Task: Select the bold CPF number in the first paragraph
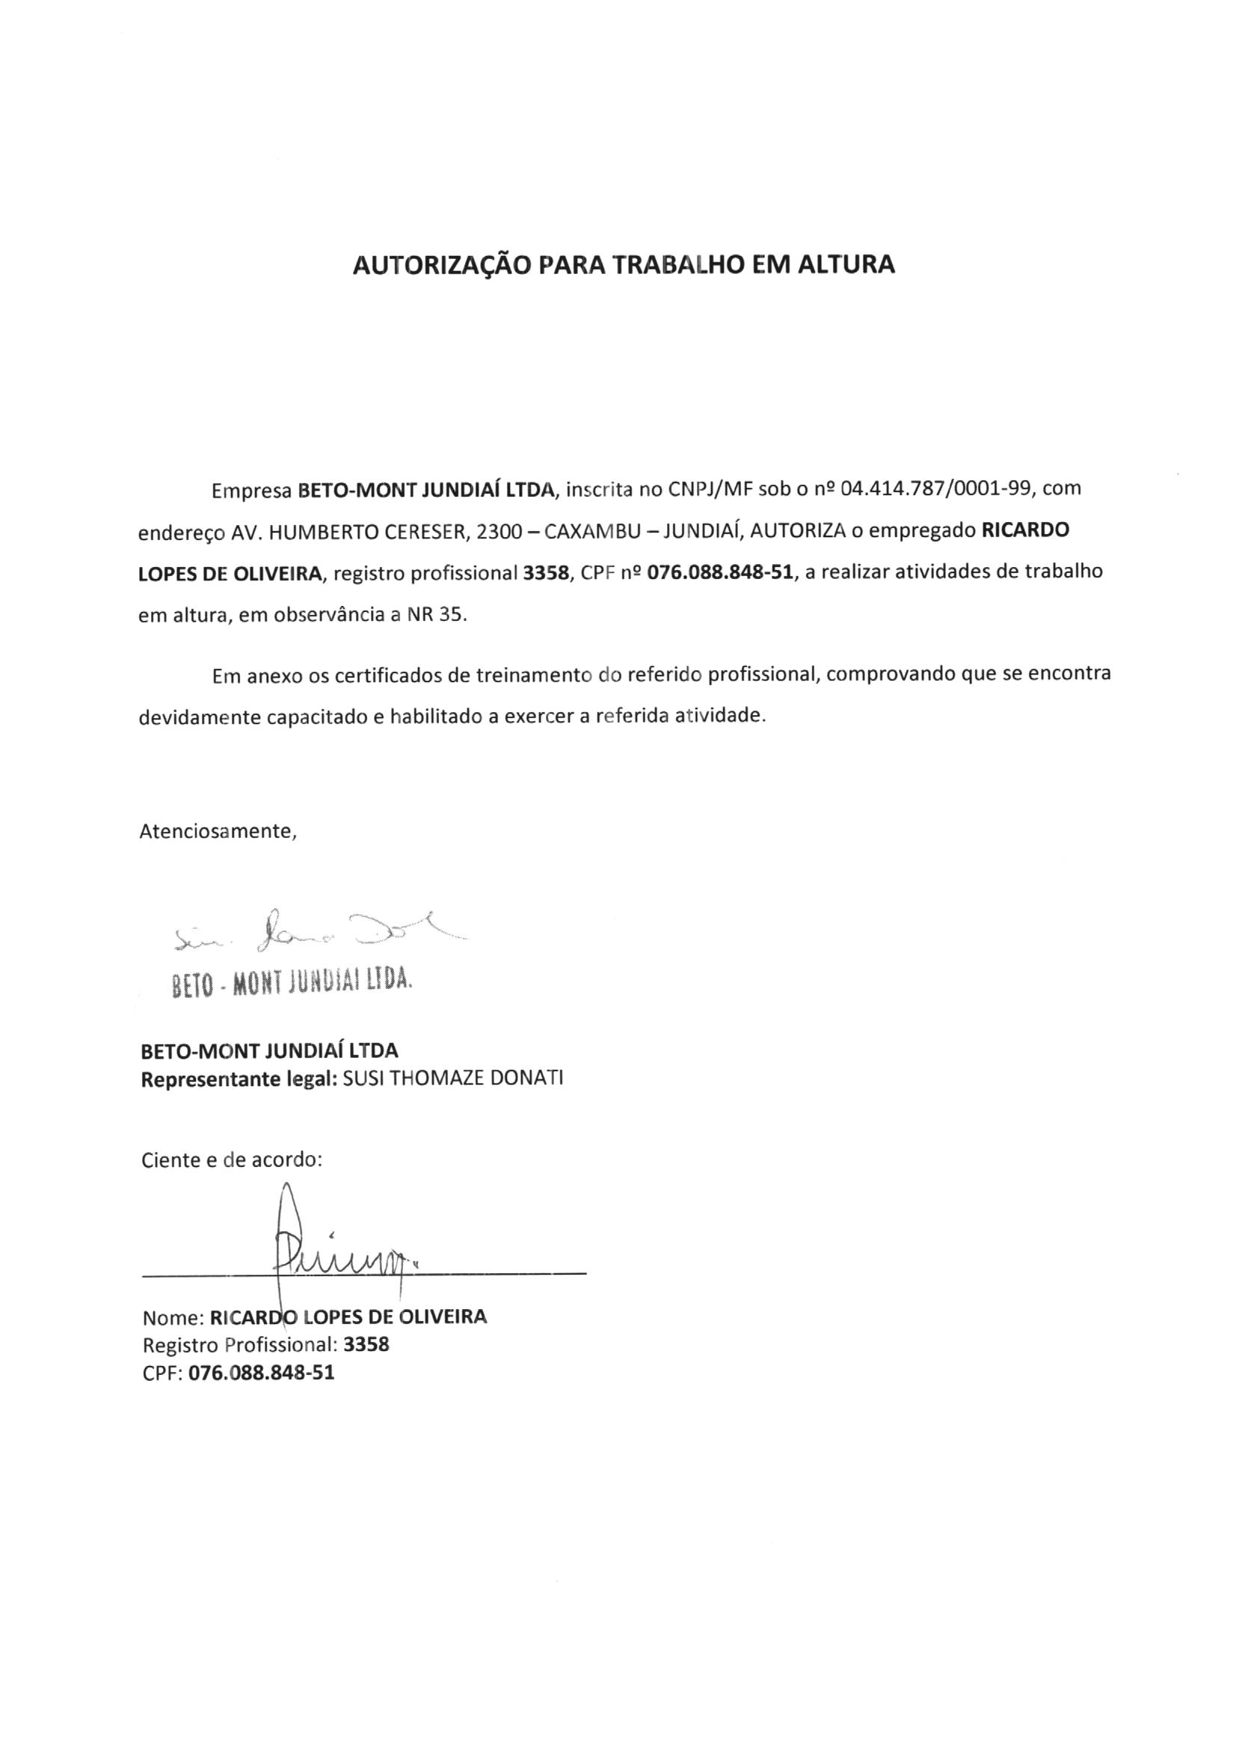(x=719, y=573)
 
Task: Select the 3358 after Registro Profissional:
(x=366, y=1344)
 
